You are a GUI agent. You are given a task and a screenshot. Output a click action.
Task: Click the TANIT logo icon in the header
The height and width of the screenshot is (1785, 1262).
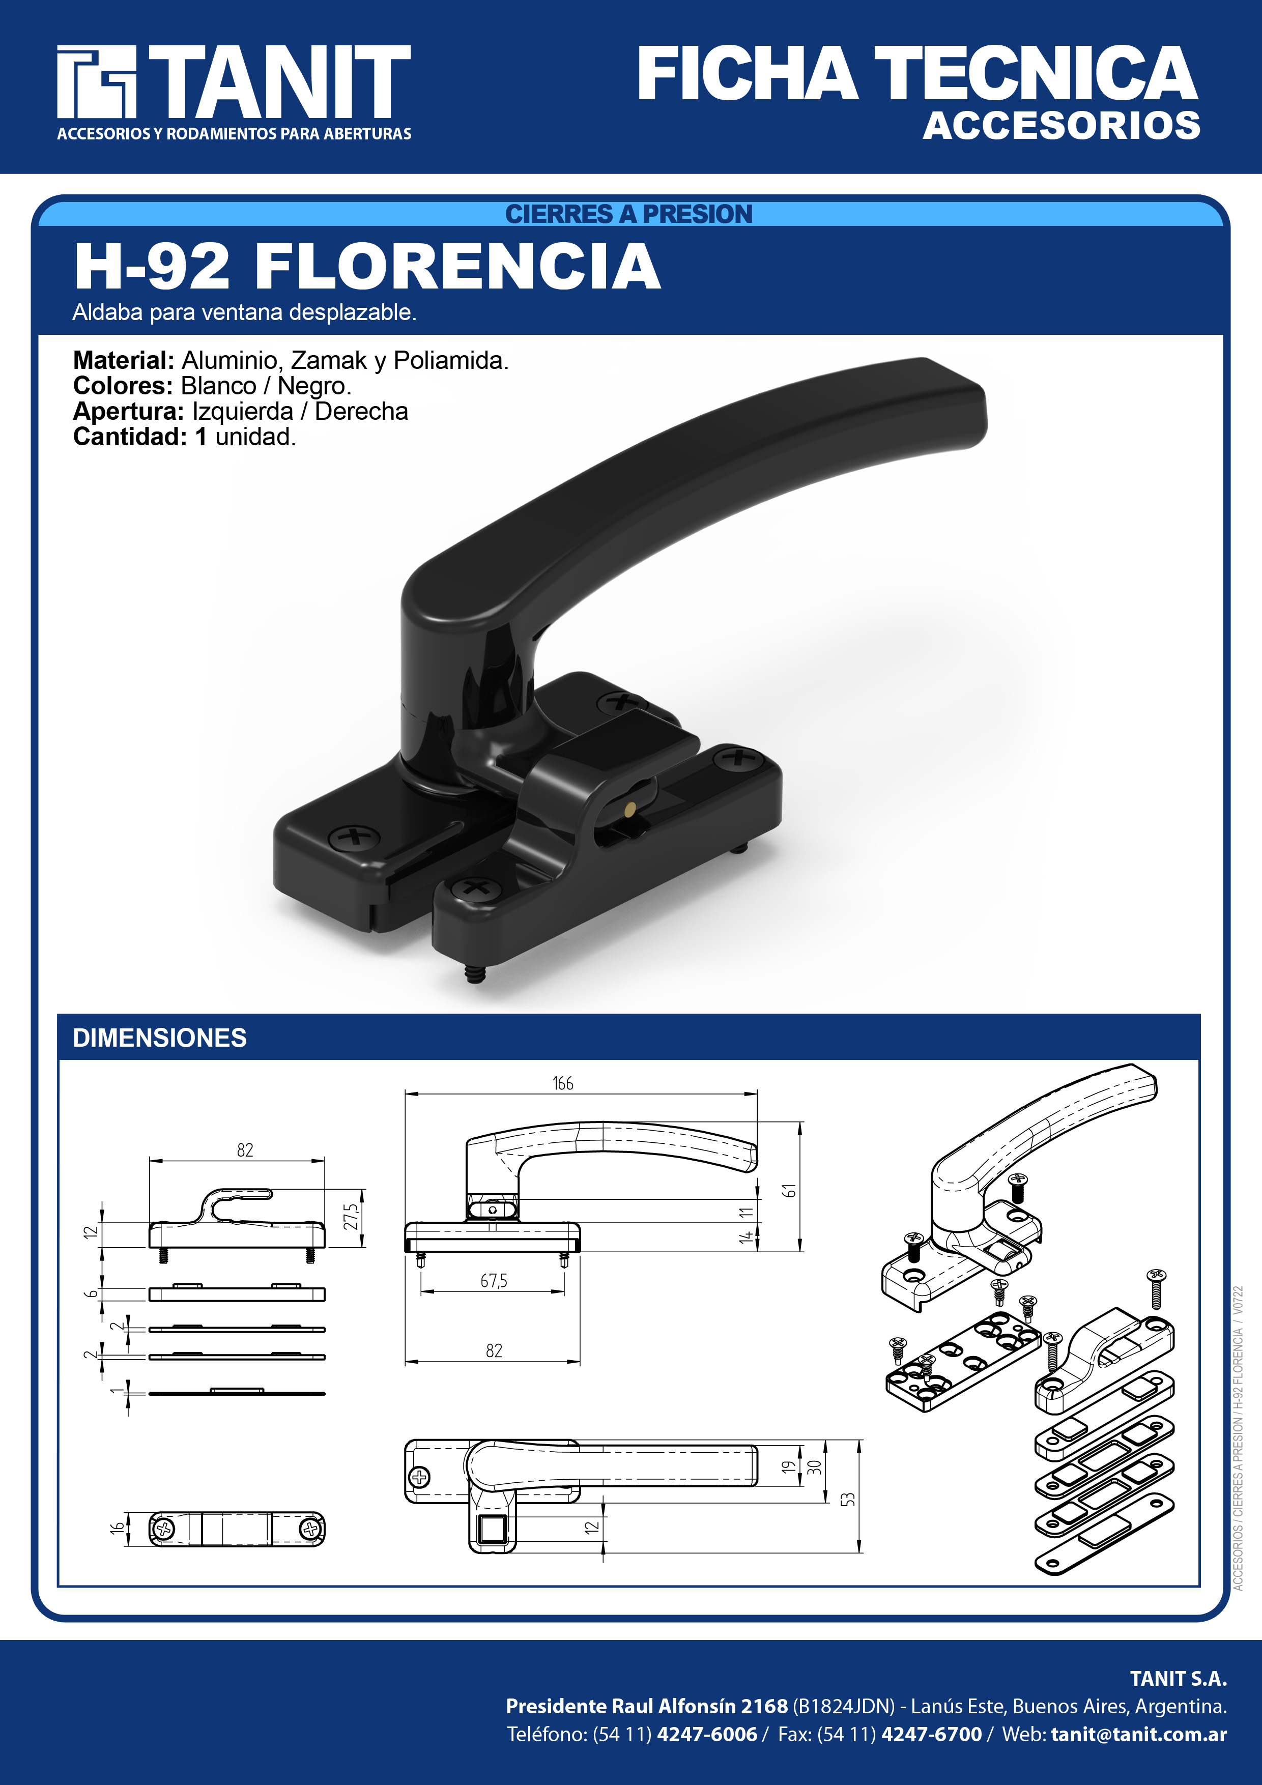click(x=96, y=81)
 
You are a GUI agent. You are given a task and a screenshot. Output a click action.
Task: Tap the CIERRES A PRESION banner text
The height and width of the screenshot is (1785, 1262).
click(x=629, y=214)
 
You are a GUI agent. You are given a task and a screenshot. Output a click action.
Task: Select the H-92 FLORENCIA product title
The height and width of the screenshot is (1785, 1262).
click(x=367, y=266)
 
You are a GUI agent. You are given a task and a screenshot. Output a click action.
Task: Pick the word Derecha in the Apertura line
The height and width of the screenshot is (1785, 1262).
click(x=362, y=411)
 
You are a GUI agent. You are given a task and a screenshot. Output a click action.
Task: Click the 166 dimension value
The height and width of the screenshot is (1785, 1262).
click(x=563, y=1083)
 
